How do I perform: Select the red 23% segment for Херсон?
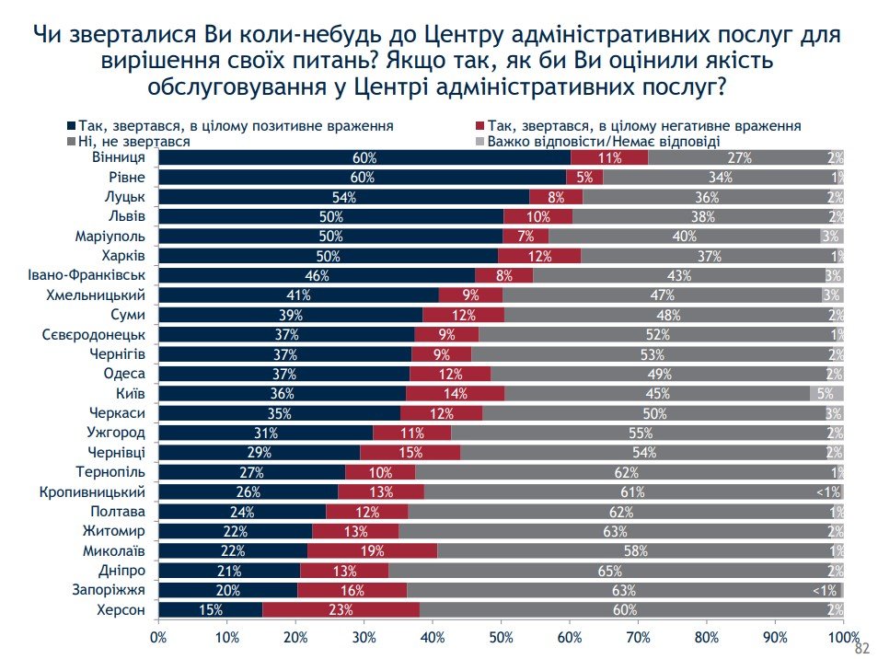[x=341, y=609]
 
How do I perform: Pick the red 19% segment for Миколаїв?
[x=372, y=550]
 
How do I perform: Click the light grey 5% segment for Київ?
[x=826, y=393]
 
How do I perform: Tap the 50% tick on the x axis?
[x=501, y=636]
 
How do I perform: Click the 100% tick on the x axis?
[x=842, y=636]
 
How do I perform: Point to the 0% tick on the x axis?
[x=158, y=636]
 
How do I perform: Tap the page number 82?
[x=862, y=648]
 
